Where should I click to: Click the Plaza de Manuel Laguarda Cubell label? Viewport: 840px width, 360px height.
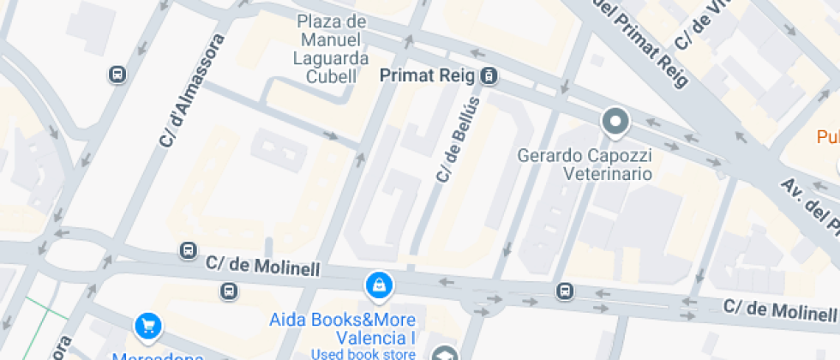(x=331, y=49)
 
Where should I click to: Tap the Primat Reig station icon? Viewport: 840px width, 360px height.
(x=488, y=76)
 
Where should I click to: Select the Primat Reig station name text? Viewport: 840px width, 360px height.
(x=427, y=76)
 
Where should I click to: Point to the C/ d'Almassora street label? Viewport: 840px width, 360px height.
(x=192, y=90)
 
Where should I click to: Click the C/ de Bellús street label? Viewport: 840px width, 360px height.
(x=456, y=138)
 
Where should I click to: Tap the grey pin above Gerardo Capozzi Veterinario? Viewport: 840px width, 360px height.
(x=615, y=122)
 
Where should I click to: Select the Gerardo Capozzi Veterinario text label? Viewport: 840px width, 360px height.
(x=585, y=165)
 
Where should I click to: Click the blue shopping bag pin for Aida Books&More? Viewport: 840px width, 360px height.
(x=378, y=285)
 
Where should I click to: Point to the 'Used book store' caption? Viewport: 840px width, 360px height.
(x=363, y=353)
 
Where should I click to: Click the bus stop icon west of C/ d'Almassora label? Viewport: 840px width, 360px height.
(x=117, y=75)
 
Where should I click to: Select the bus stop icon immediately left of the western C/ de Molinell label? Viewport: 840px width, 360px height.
(x=188, y=250)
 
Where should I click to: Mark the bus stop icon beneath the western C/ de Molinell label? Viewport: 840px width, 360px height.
(x=229, y=291)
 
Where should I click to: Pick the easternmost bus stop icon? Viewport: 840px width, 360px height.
(x=564, y=291)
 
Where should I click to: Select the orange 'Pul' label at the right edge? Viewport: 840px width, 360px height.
(x=827, y=137)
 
